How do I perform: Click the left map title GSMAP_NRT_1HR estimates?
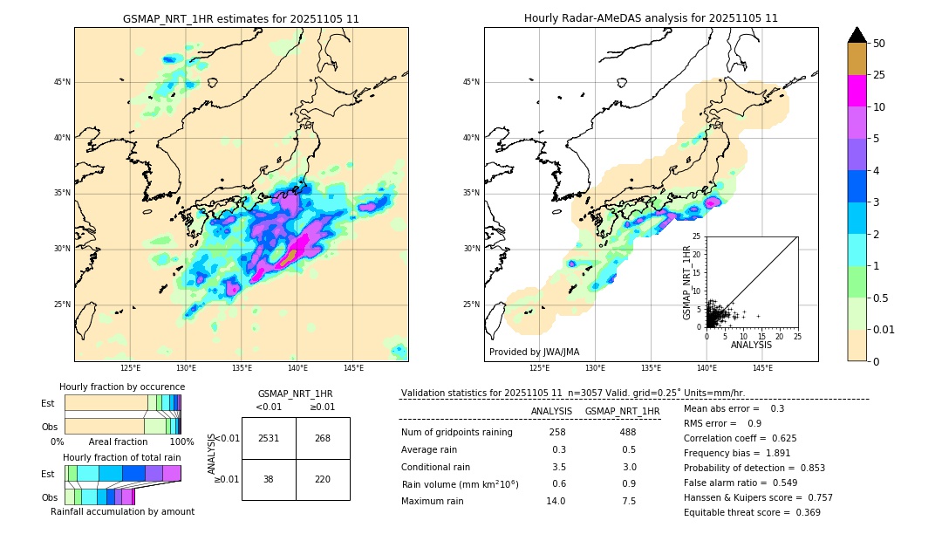[x=241, y=18]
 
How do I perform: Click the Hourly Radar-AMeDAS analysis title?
[x=651, y=18]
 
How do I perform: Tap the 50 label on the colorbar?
[x=879, y=44]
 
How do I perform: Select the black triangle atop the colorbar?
[x=857, y=35]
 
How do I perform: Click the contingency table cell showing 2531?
[x=269, y=438]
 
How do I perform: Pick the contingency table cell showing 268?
[x=323, y=438]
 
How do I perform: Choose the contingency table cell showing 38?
[x=269, y=479]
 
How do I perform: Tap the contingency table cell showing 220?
[x=323, y=479]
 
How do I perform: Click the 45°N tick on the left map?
[x=62, y=82]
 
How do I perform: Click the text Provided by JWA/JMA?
[x=534, y=352]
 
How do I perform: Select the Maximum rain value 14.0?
[x=556, y=501]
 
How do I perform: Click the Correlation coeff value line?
[x=740, y=438]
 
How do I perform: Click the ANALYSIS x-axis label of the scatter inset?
[x=752, y=345]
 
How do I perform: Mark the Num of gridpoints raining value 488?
[x=628, y=433]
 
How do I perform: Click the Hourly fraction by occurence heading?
[x=122, y=387]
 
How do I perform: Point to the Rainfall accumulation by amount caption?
[x=122, y=511]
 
